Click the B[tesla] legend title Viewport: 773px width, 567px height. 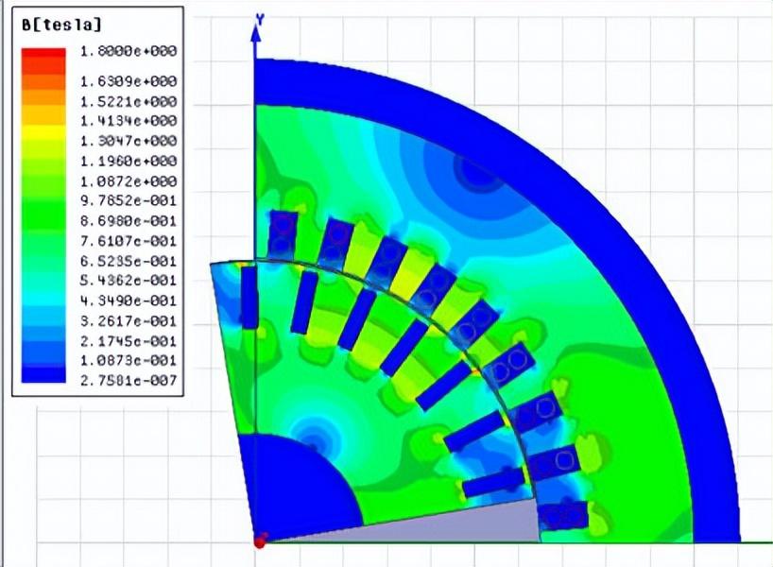(x=61, y=25)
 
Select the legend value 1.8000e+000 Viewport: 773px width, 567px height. (x=129, y=51)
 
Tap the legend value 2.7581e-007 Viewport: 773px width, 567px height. (x=129, y=380)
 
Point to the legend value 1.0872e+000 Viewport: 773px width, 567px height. (x=129, y=181)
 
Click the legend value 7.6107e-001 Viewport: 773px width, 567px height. (x=129, y=241)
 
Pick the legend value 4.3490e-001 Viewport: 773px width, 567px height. (x=129, y=301)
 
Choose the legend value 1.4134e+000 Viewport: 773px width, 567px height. (x=129, y=121)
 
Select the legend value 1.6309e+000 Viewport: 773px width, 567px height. (x=129, y=81)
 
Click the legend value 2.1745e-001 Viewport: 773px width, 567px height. (x=129, y=341)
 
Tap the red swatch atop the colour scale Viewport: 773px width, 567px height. (x=43, y=54)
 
